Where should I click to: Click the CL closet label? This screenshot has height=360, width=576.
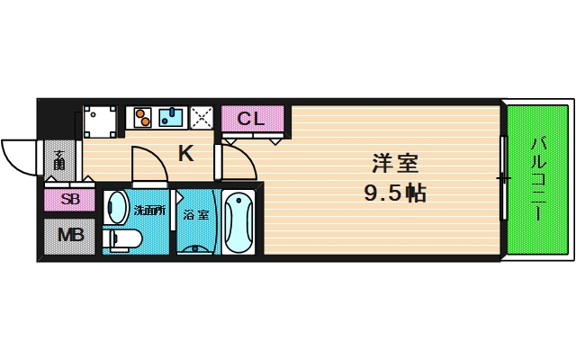(x=251, y=119)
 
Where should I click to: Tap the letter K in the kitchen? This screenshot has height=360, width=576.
(x=186, y=154)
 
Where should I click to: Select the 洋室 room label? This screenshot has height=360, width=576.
(x=395, y=164)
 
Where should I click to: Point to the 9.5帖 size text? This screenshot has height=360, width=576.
(x=395, y=193)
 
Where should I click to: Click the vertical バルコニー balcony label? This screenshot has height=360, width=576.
(x=537, y=179)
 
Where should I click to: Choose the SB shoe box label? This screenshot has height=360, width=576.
(x=70, y=200)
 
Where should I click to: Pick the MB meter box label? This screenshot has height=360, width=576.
(x=70, y=236)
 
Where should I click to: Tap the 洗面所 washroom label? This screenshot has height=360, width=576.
(x=149, y=211)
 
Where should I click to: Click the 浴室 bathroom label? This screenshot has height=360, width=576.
(x=196, y=215)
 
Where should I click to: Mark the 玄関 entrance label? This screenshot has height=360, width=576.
(x=59, y=160)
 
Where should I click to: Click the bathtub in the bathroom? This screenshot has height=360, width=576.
(x=238, y=221)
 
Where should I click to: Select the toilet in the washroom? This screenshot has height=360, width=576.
(x=122, y=240)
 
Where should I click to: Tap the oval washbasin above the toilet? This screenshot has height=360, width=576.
(x=116, y=207)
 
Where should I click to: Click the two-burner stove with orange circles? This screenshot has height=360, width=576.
(x=142, y=118)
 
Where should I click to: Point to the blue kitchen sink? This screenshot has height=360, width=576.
(x=171, y=118)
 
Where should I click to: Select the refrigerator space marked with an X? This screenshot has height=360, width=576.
(x=202, y=118)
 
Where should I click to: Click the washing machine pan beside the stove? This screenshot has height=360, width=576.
(x=100, y=121)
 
